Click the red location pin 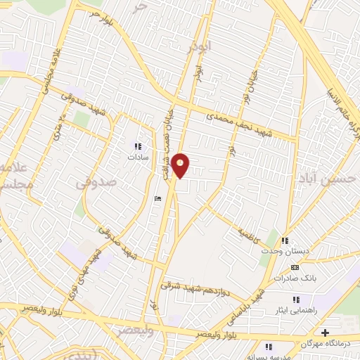(x=181, y=166)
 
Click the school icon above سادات (x=138, y=147)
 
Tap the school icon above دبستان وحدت (x=285, y=240)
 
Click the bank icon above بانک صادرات (x=294, y=267)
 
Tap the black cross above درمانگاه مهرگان (x=324, y=332)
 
